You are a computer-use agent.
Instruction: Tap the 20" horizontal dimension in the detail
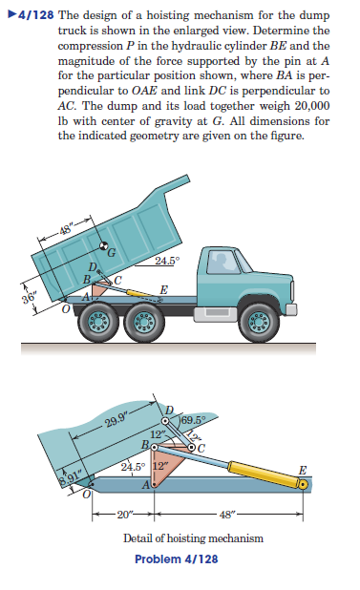123,516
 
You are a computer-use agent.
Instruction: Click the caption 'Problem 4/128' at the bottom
177,558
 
